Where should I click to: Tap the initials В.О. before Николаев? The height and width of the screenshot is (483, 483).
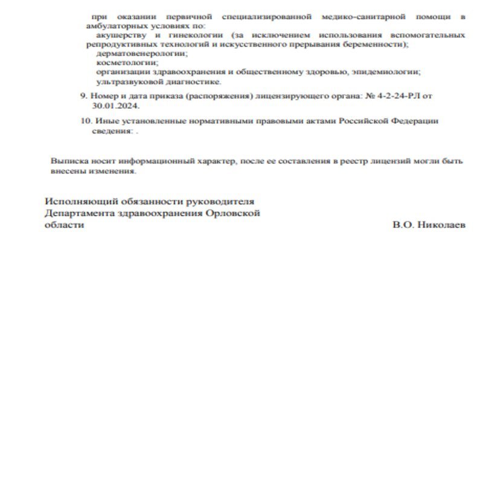coord(403,225)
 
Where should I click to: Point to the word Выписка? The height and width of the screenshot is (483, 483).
coord(66,161)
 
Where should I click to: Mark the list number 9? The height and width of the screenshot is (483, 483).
coord(83,97)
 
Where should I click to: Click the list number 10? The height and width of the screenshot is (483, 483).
coord(85,121)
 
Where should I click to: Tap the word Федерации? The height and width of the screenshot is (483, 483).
coord(415,121)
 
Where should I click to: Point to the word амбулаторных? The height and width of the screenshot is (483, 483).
coord(113,27)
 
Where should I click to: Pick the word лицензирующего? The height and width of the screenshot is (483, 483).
coord(285,97)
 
